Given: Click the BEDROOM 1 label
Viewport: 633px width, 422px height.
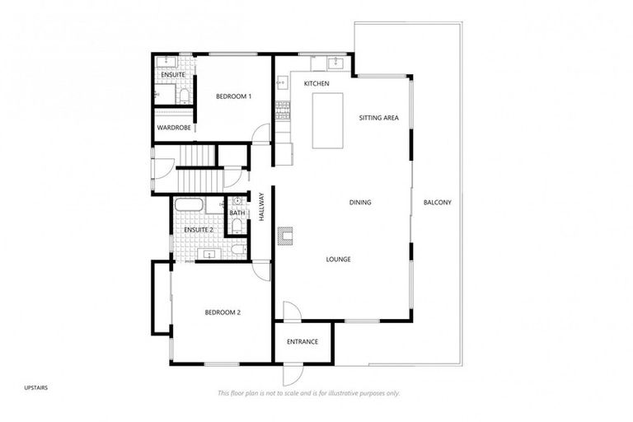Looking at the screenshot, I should coord(233,96).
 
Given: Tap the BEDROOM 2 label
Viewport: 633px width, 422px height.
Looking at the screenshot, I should coord(223,312).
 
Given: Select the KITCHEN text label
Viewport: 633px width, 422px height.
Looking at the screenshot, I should coord(316,84).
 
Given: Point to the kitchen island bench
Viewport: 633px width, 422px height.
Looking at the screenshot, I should coord(327,120).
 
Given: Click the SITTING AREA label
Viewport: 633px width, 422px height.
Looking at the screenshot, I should coord(378,119).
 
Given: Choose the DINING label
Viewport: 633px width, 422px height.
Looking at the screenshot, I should coord(360,202).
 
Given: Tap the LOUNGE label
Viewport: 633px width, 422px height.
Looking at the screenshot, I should coord(338,259).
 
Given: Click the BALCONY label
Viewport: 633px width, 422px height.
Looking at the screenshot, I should coord(437,202).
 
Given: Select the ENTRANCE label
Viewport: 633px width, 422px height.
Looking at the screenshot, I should coord(302,341).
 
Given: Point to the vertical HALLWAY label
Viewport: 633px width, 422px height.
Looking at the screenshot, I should coord(260,206).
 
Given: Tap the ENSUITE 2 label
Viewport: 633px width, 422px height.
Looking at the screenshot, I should coord(198,229).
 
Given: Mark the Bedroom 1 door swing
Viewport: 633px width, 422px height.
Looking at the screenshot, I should coord(261,134).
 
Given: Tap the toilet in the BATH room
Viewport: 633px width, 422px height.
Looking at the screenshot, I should coord(237,248).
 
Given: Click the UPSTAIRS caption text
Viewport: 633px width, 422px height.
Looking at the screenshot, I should coord(36,386).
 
